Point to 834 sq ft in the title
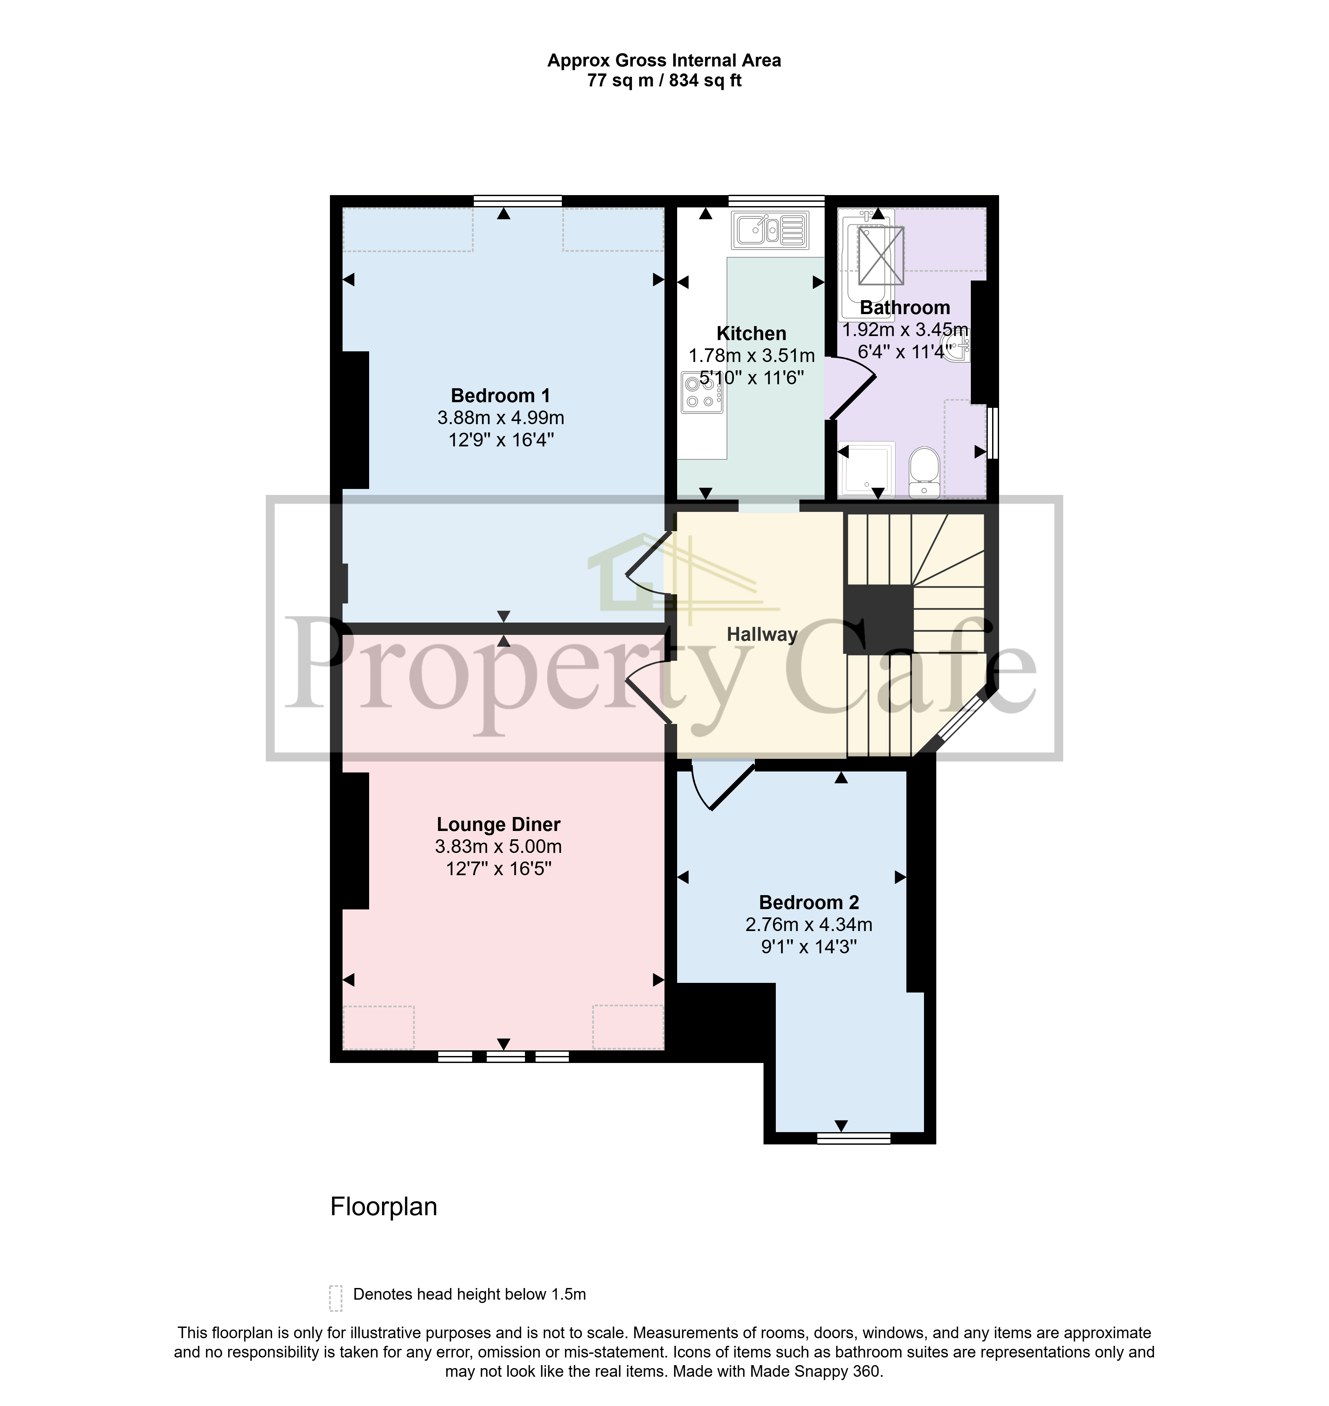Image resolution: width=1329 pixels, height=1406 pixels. click(x=705, y=81)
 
